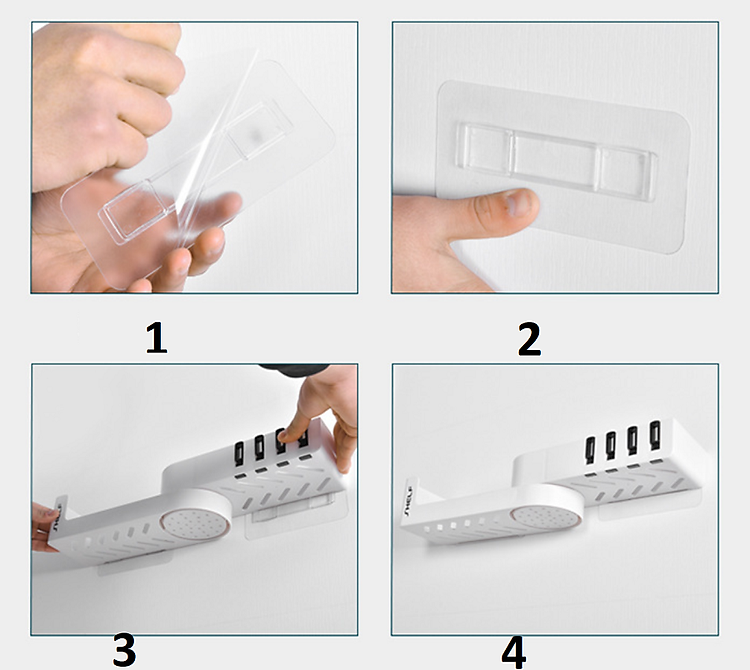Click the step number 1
[156, 339]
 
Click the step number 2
[529, 339]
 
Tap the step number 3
[124, 650]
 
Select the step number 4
[514, 652]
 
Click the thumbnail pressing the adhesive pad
[518, 203]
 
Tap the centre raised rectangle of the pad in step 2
[555, 155]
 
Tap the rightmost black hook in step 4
[654, 436]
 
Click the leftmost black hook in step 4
[590, 450]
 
